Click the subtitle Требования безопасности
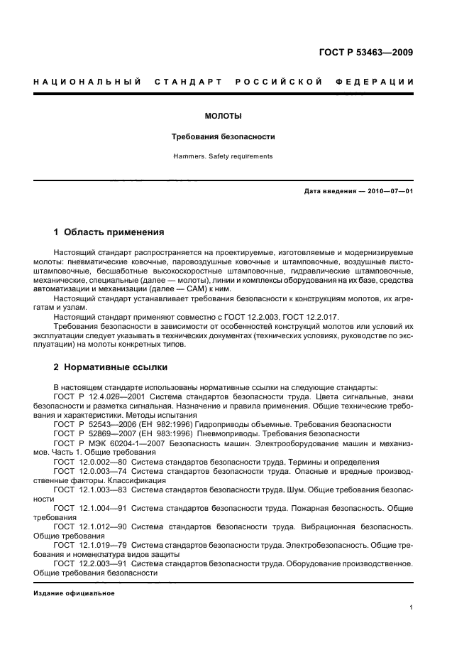click(x=224, y=136)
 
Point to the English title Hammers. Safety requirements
click(x=224, y=156)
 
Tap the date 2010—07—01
click(x=388, y=191)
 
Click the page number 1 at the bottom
click(x=412, y=607)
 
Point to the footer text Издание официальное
click(x=75, y=593)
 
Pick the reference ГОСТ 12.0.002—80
click(x=89, y=460)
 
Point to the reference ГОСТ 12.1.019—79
click(x=89, y=545)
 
